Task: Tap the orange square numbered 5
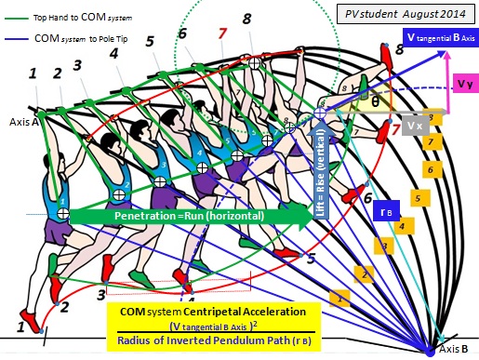click(418, 197)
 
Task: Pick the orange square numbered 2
click(366, 274)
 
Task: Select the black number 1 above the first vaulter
click(34, 73)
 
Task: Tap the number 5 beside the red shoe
click(311, 258)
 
